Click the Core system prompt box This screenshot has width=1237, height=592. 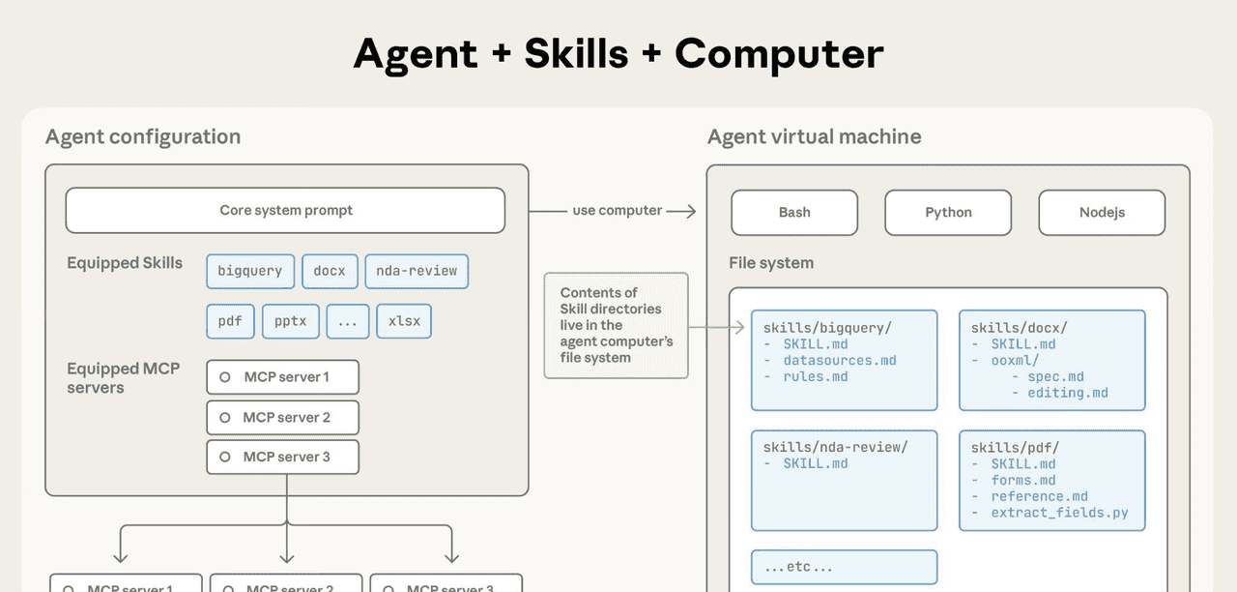(285, 211)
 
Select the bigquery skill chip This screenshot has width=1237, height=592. (249, 271)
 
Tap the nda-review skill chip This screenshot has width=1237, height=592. (417, 271)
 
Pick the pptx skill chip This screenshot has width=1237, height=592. (291, 321)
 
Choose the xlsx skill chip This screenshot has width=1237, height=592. (404, 321)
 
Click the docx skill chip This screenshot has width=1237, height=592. (330, 271)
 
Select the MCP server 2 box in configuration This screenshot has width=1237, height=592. (282, 417)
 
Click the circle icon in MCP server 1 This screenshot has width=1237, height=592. (225, 377)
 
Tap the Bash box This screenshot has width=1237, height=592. (794, 213)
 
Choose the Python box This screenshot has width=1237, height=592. (948, 213)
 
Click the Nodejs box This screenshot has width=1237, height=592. (1102, 213)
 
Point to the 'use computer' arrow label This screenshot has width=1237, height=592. (617, 211)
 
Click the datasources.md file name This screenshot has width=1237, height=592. (840, 361)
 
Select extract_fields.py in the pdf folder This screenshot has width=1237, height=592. (1059, 513)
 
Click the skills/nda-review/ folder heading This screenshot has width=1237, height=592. (836, 447)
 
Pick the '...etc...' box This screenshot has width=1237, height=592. (844, 568)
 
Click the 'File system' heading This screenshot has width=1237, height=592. (771, 263)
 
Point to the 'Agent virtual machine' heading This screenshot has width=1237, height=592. (814, 136)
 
